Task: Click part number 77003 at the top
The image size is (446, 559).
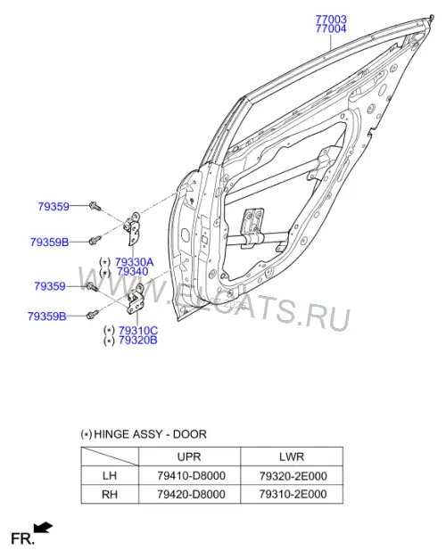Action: [x=331, y=20]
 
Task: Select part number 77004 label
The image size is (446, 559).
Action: [x=331, y=29]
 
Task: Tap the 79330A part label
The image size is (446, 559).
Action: [x=134, y=262]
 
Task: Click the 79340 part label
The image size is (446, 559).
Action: [x=132, y=272]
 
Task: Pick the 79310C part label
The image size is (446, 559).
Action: [x=138, y=331]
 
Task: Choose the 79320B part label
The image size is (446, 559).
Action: [x=137, y=340]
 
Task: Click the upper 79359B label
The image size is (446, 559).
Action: [x=49, y=243]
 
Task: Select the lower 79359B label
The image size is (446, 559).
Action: [x=46, y=316]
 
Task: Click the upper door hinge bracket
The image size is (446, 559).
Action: [x=133, y=228]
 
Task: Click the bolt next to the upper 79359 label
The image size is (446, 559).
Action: [x=95, y=206]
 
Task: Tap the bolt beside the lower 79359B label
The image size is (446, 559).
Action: [x=93, y=314]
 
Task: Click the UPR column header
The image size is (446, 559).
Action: [x=189, y=456]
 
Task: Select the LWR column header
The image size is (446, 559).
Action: [x=292, y=456]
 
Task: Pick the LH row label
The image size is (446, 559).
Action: [x=110, y=475]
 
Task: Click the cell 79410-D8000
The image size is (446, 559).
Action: [x=191, y=475]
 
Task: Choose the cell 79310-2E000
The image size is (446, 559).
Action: [x=293, y=494]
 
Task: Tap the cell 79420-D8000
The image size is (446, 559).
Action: [x=191, y=494]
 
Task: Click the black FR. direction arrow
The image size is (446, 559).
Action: [x=43, y=528]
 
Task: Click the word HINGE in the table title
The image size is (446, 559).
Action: [x=111, y=434]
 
